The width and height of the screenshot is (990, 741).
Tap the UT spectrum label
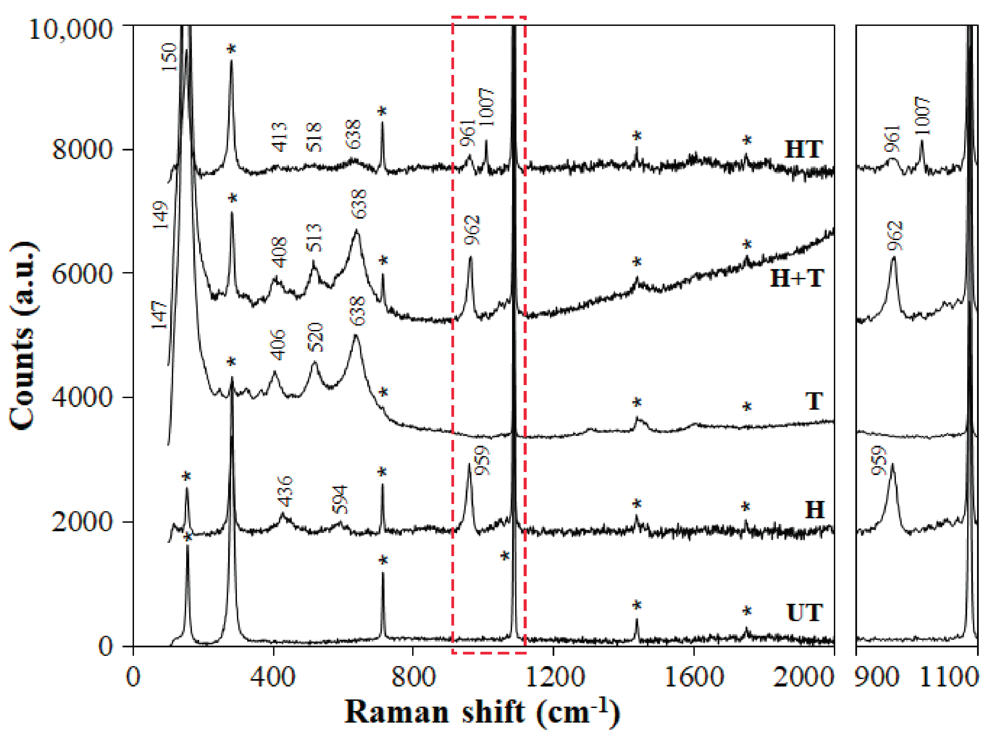(804, 613)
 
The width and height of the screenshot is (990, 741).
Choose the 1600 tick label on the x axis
(694, 677)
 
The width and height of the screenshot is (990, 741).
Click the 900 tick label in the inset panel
(877, 677)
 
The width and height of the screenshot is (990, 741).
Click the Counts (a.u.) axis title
(22, 335)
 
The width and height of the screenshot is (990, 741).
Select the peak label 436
(285, 491)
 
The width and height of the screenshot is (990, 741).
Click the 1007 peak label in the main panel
(486, 107)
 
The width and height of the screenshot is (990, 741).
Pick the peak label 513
(315, 238)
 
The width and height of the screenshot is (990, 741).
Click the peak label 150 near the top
(169, 57)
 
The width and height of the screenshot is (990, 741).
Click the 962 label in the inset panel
(895, 236)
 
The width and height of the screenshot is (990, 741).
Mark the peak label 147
(159, 315)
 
